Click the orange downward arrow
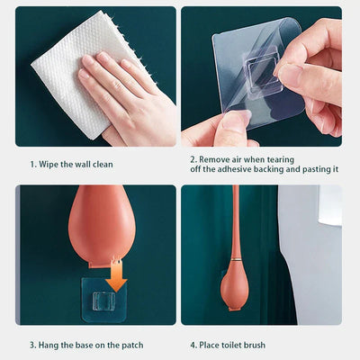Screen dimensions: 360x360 pos(117,275)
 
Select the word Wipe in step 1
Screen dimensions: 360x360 pos(49,165)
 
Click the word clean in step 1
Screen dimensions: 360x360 pos(103,165)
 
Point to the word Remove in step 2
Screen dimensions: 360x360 pos(213,159)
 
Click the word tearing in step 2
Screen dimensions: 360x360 pos(280,160)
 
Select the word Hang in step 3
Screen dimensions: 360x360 pos(49,346)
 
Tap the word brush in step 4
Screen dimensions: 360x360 pos(255,345)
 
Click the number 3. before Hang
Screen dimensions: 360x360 pos(32,346)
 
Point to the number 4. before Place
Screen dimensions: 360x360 pos(193,346)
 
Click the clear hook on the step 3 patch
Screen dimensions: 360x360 pos(103,301)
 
